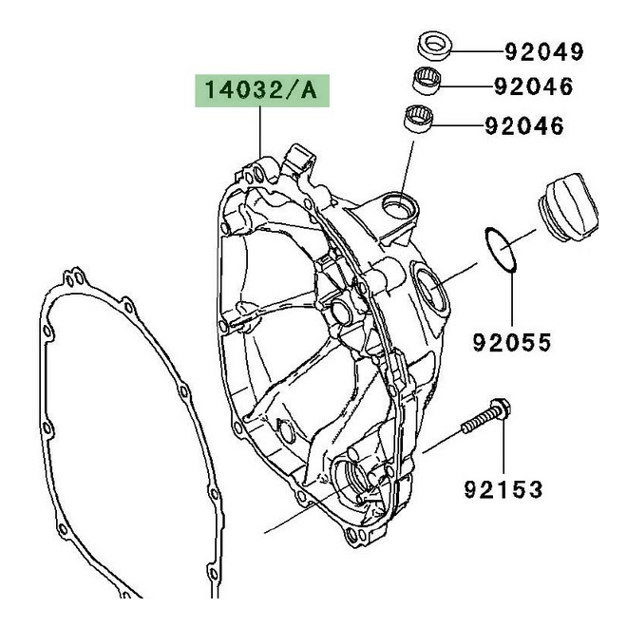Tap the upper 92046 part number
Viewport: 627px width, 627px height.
tap(547, 87)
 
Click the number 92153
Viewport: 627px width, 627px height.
tap(503, 490)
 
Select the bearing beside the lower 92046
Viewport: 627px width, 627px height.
tap(421, 120)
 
